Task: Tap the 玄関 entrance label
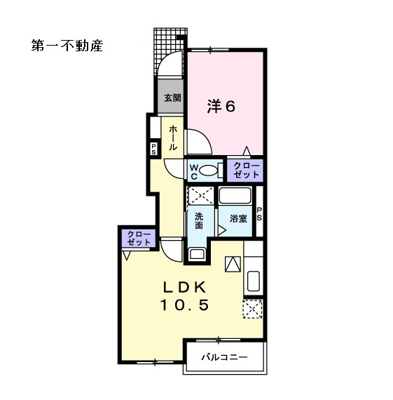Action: pos(172,98)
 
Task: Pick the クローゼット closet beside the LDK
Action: pos(139,237)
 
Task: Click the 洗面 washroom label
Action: pos(199,220)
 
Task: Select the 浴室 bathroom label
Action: pos(238,218)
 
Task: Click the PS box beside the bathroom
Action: pos(259,214)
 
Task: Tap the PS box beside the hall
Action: pos(153,149)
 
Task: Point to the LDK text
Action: pos(185,288)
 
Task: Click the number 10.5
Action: pos(185,305)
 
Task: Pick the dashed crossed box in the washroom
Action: pos(200,195)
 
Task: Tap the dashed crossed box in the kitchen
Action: pos(252,307)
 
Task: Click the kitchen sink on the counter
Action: pos(254,281)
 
